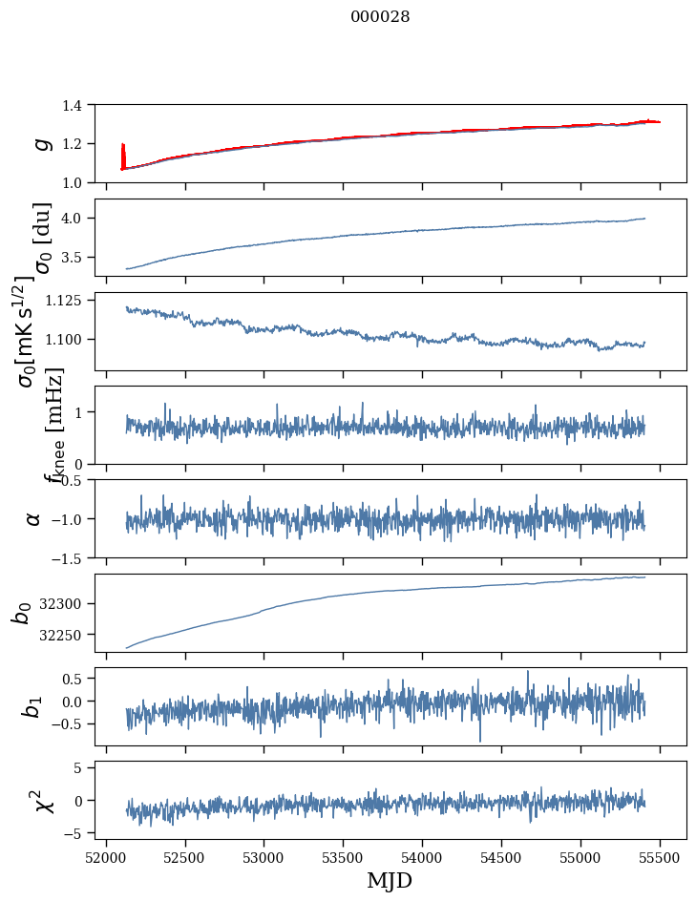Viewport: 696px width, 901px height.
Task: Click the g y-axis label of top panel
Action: point(42,143)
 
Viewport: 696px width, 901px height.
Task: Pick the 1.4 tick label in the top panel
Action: point(81,105)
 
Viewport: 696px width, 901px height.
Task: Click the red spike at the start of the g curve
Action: point(123,153)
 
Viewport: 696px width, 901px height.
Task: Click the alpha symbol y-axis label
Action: point(34,518)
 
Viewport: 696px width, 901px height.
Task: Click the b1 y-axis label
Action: point(32,706)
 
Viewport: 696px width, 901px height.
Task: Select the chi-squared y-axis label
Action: point(42,800)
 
